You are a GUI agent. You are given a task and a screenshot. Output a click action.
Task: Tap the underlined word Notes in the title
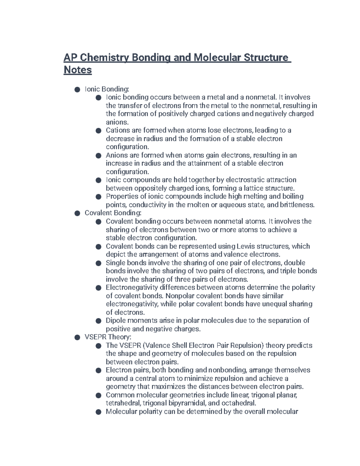(78, 70)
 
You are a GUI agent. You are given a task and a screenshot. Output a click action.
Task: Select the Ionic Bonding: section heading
(107, 89)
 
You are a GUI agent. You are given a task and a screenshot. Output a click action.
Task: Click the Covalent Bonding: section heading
(113, 213)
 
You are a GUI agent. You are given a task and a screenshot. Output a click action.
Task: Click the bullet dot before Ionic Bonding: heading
(77, 89)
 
